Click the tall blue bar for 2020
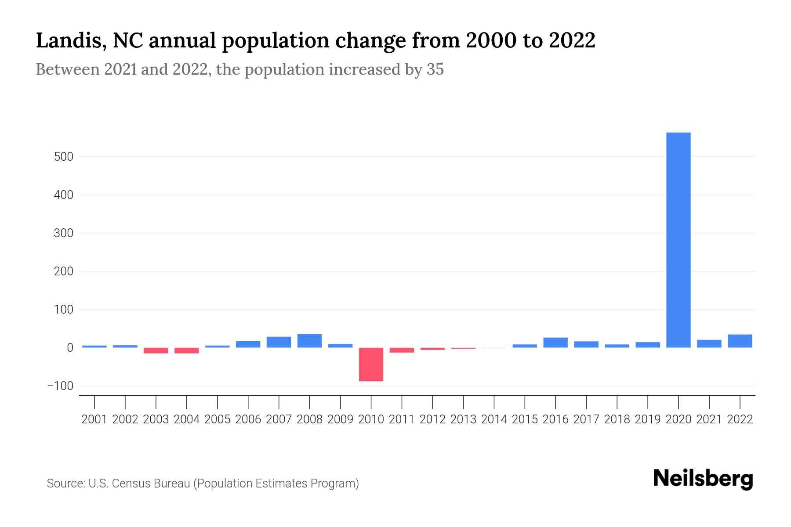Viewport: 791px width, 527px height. point(678,240)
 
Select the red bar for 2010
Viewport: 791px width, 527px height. point(371,364)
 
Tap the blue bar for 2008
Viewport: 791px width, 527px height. point(309,341)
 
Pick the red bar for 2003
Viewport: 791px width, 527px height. point(156,350)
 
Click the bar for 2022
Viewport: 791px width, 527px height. point(740,341)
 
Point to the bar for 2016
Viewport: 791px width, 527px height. point(555,343)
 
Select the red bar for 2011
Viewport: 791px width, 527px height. point(402,350)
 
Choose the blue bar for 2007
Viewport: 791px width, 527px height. point(279,342)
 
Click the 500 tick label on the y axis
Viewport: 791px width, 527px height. point(63,157)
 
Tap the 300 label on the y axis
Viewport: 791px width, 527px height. point(63,233)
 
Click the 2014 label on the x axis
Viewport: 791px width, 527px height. point(494,419)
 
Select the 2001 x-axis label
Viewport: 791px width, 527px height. point(94,419)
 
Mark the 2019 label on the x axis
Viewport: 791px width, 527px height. point(648,419)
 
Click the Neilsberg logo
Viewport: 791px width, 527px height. point(703,479)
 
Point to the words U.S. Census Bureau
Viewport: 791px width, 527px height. point(139,484)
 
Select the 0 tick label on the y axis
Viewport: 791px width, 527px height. point(70,348)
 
